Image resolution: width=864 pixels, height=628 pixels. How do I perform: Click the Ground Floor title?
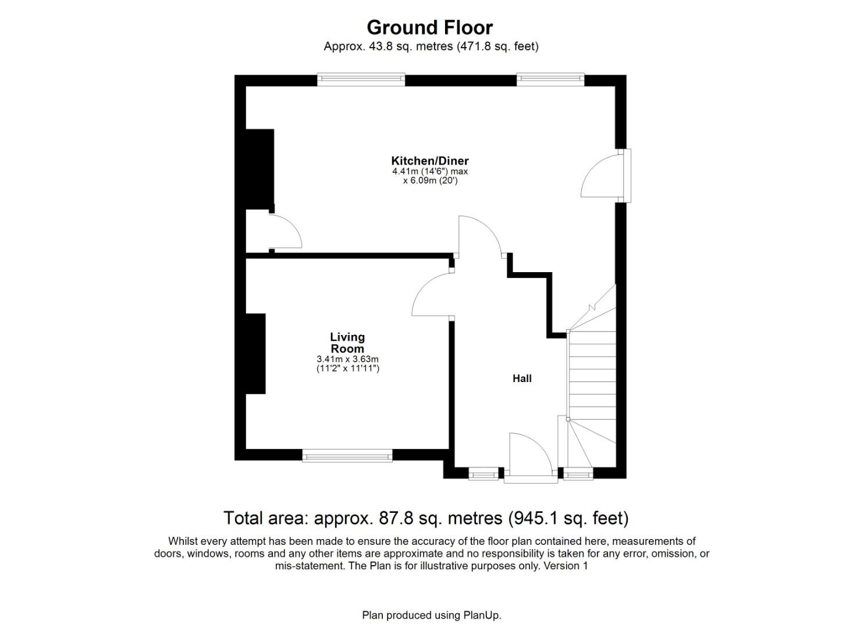coord(429,27)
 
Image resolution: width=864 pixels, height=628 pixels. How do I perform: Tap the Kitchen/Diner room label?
coord(429,160)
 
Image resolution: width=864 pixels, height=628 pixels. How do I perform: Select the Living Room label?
coord(347,342)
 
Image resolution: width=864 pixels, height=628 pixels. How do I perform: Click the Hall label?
coord(522,379)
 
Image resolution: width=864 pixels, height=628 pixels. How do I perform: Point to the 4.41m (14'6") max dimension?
coord(429,172)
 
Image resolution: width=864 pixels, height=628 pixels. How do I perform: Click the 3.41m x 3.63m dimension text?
coord(347,359)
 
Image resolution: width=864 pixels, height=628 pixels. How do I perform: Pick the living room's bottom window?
coord(347,456)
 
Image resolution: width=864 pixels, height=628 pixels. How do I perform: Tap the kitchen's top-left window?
coord(361,80)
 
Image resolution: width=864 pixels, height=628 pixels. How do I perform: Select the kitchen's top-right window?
coord(550,80)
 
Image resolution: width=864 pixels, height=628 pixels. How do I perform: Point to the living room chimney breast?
coord(255,354)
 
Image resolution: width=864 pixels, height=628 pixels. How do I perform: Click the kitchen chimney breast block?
coord(259,169)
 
